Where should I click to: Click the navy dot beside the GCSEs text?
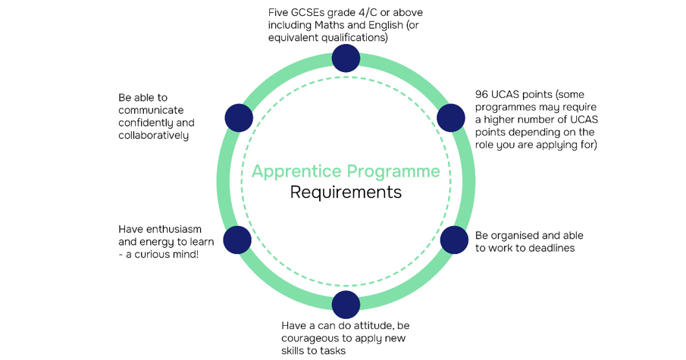346,58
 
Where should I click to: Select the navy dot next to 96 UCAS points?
451,118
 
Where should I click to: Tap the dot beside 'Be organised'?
454,239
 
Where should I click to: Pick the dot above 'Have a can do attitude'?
346,304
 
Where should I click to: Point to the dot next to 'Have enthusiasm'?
237,239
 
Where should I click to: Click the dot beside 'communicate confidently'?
239,118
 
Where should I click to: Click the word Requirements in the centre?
346,192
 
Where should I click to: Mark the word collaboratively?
154,135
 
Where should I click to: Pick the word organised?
521,236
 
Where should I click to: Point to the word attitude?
368,325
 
